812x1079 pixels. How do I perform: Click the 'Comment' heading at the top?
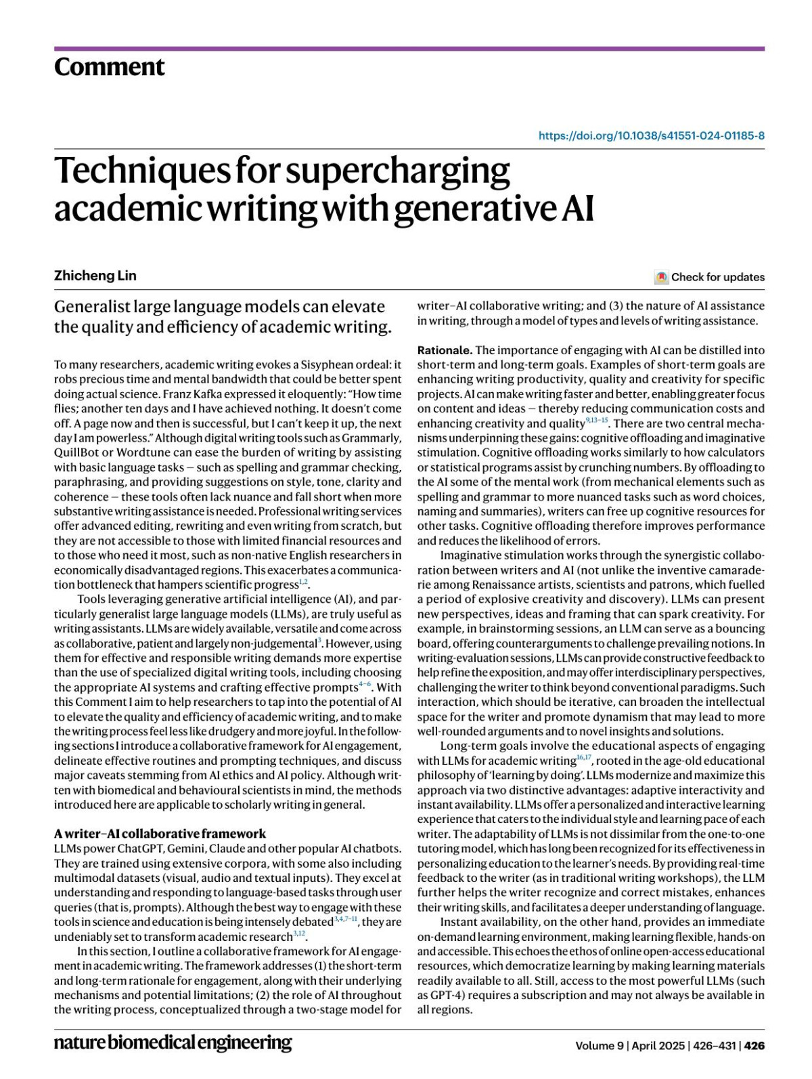(x=109, y=67)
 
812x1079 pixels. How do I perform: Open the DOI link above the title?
(x=651, y=135)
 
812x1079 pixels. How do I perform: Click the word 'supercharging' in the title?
(x=397, y=171)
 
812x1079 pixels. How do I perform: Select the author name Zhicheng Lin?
(x=95, y=275)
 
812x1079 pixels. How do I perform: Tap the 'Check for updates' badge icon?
(x=661, y=277)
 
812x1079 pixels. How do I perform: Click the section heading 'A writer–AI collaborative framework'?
(x=160, y=834)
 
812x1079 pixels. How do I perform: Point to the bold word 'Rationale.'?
(x=445, y=350)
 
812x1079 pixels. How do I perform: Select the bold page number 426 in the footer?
(x=754, y=1046)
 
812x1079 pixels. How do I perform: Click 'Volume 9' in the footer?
(x=599, y=1046)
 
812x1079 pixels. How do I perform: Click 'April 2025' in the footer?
(x=659, y=1046)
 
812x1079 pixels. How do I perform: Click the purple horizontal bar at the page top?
(x=409, y=49)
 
